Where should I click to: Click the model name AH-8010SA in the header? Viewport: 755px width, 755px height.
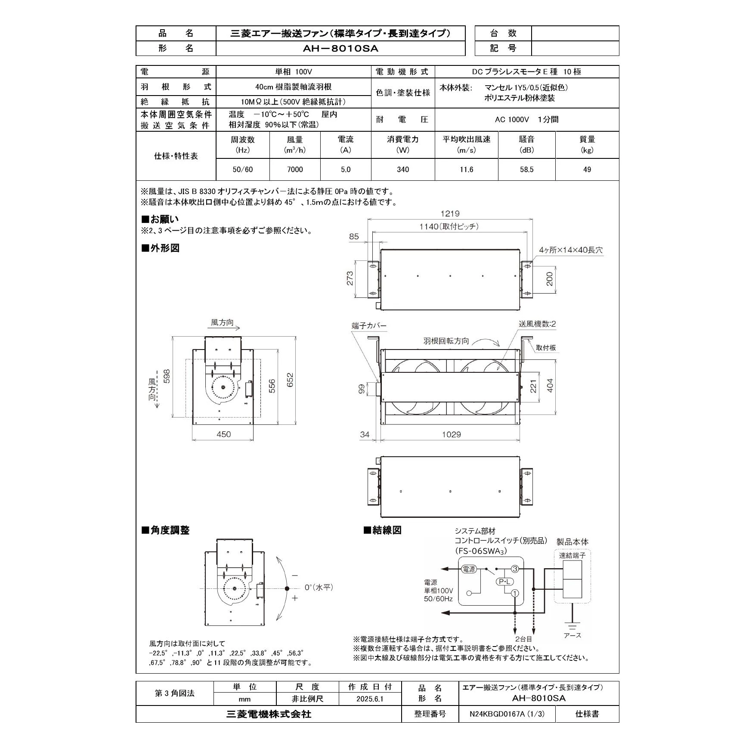(x=340, y=49)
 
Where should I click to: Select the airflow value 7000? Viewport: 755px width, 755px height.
(x=295, y=170)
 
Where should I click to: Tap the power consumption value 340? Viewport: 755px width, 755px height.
(x=403, y=170)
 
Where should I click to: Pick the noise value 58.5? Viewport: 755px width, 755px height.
(x=526, y=170)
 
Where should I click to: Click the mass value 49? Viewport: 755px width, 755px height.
(x=587, y=170)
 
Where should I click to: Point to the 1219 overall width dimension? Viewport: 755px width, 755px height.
(x=450, y=214)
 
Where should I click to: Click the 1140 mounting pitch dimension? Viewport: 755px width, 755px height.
(x=449, y=226)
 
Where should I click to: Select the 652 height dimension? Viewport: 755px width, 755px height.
(x=290, y=380)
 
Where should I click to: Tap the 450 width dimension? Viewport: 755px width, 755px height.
(x=223, y=434)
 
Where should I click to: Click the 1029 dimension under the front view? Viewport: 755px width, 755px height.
(x=451, y=434)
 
